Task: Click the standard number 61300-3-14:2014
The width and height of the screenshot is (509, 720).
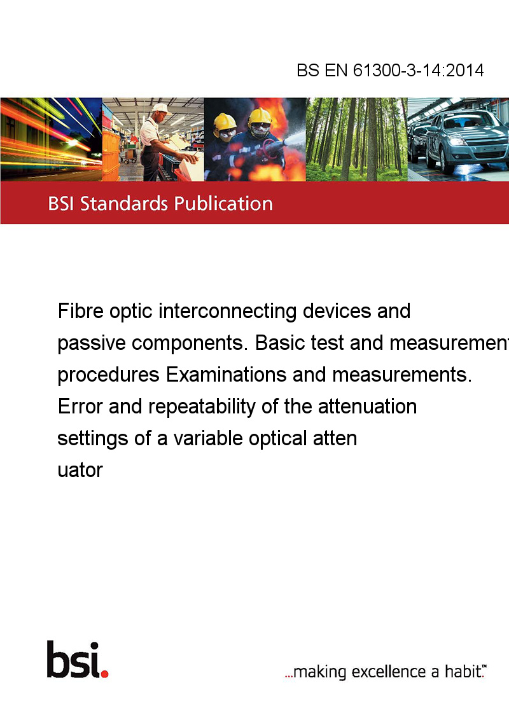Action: tap(418, 70)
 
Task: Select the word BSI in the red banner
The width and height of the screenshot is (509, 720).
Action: tap(62, 204)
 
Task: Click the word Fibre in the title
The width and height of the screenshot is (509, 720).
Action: tap(80, 311)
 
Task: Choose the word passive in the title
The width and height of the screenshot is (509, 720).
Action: tap(92, 343)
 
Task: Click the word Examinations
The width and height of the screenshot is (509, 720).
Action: tap(226, 375)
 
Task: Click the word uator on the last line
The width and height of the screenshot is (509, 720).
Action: tap(80, 471)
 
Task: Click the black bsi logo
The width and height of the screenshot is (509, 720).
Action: tap(74, 660)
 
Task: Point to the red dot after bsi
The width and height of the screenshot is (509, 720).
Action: tap(104, 674)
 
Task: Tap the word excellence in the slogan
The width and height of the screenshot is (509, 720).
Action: tap(389, 672)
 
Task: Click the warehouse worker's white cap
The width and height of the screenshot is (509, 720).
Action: tap(160, 108)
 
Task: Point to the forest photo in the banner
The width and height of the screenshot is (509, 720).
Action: tap(356, 139)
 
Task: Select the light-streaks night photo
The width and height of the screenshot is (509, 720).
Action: tap(51, 139)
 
